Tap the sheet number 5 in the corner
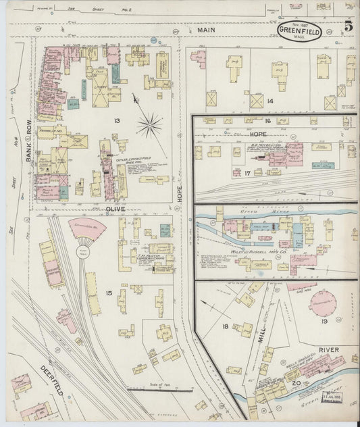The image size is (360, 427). (x=347, y=27)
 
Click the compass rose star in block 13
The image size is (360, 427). (x=149, y=124)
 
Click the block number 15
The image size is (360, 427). (x=109, y=273)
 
